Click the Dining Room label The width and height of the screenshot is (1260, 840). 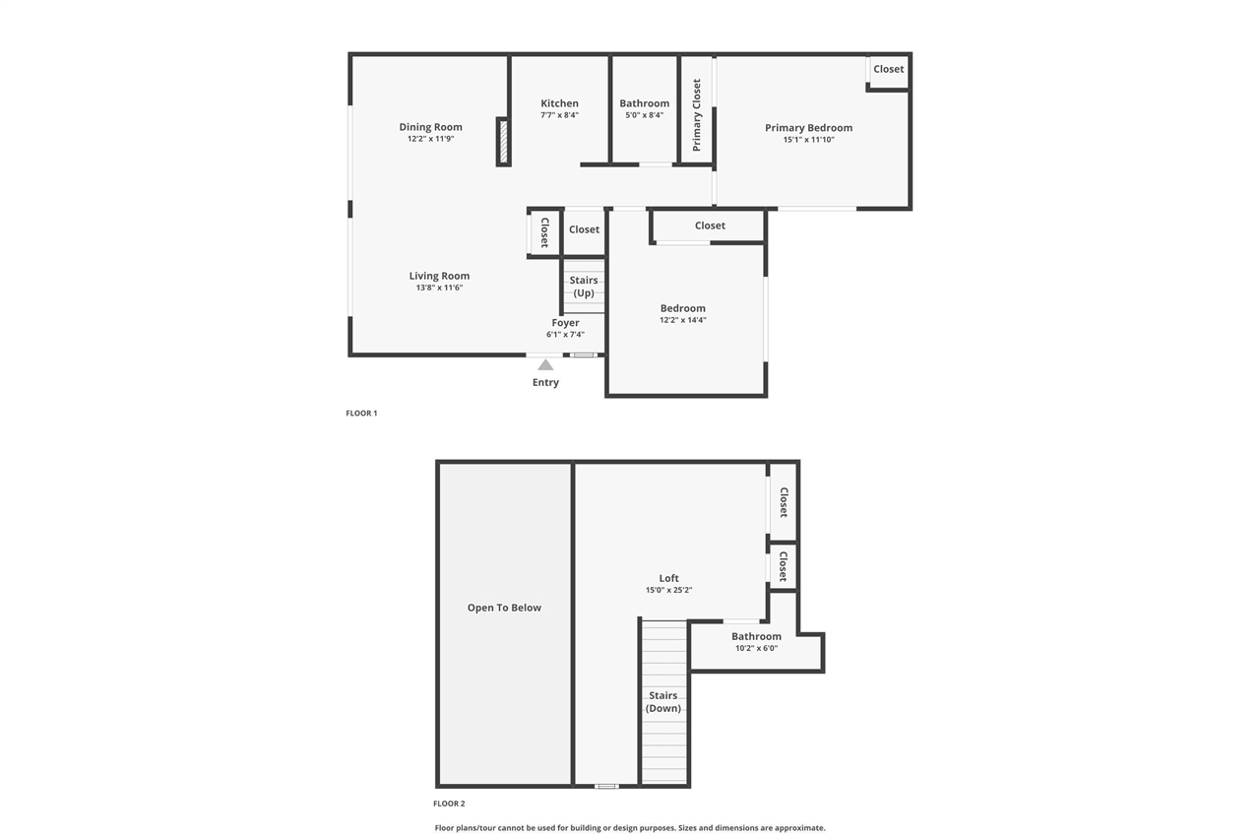coord(430,127)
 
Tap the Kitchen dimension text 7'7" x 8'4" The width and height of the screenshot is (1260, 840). coord(559,115)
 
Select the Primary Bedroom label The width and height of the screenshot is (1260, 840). coord(808,128)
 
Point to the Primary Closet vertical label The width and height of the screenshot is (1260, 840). coord(697,115)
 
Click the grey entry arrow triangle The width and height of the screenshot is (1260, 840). coord(545,364)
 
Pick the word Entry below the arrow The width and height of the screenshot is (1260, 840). coord(545,382)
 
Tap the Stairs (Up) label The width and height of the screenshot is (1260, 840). coord(584,287)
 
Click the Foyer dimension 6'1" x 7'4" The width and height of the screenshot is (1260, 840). coord(565,335)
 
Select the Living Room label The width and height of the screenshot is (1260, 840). coord(439,276)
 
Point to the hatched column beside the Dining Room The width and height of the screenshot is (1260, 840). coord(502,142)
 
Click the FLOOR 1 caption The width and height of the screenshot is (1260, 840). coord(361,414)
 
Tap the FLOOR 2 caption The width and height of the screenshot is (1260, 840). coord(449,804)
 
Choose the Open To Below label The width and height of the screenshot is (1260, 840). coord(504,608)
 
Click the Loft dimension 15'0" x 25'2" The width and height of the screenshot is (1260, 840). coord(668,591)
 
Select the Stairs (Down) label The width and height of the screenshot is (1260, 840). coord(663,702)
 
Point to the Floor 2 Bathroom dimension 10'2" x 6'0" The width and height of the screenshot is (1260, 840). coord(756,648)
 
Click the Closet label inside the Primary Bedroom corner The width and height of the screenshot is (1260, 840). coord(888,69)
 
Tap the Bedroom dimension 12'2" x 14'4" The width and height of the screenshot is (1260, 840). coord(682,320)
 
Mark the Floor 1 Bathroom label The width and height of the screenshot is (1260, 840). coord(644,103)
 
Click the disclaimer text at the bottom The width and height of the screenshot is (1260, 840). coord(630,828)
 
